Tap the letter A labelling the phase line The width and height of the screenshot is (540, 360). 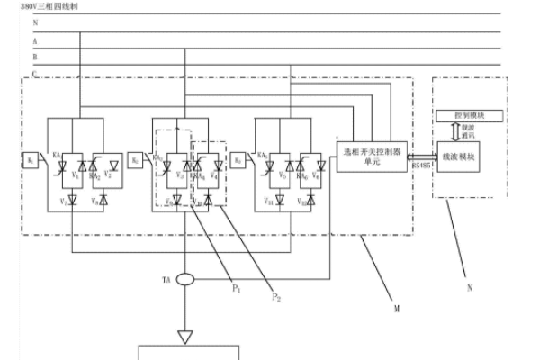click(35, 41)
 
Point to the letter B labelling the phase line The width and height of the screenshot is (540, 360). click(35, 56)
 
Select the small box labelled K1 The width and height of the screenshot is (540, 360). click(31, 161)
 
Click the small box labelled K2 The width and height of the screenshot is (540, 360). click(135, 161)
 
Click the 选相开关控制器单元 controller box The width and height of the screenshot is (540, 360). click(373, 153)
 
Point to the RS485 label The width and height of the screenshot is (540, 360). click(422, 166)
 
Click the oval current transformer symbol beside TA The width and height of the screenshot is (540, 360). click(185, 280)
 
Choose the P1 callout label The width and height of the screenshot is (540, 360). click(238, 289)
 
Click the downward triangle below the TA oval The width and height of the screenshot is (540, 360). click(185, 337)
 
